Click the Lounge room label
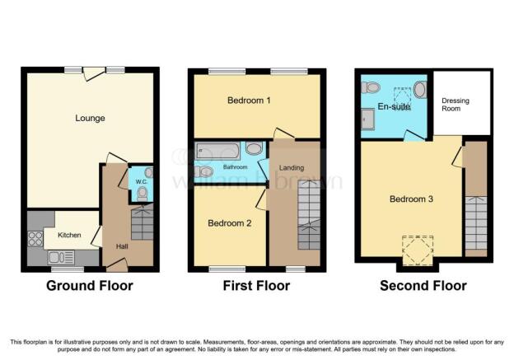[90, 118]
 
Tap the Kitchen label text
[69, 235]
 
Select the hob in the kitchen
[35, 238]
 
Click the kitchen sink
[61, 257]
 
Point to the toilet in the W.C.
[143, 194]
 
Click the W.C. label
[142, 181]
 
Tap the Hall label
[122, 246]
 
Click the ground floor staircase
[143, 222]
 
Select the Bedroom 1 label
[249, 101]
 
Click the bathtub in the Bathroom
[217, 151]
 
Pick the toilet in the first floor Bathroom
[204, 171]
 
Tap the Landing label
[292, 168]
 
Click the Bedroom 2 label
[230, 223]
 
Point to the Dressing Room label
[456, 105]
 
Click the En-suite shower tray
[367, 119]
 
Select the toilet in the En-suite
[371, 87]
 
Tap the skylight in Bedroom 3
[418, 250]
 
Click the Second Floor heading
[423, 286]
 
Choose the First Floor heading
[256, 286]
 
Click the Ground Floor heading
[90, 286]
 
